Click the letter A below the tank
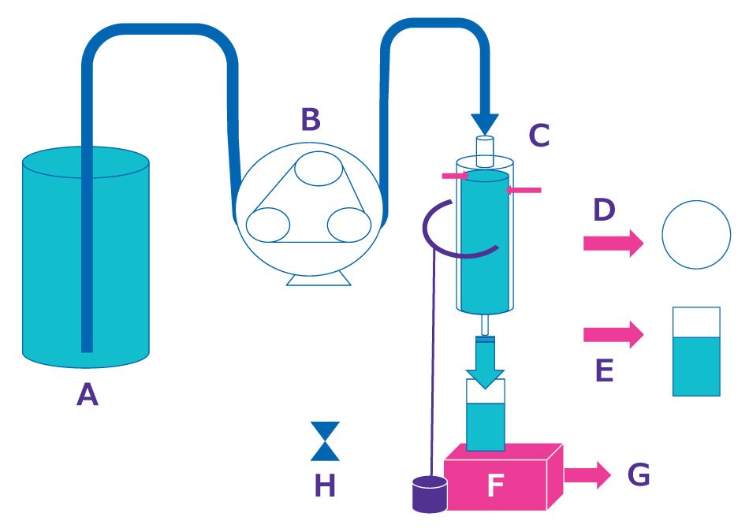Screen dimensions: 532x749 point(88,394)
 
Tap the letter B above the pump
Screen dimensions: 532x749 point(311,121)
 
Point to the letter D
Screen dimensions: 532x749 point(604,210)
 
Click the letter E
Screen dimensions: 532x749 point(604,368)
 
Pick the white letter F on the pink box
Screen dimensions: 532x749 point(494,485)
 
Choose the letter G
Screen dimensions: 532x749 point(639,475)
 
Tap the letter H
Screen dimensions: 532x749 point(325,485)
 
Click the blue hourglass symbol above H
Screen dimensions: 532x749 point(325,441)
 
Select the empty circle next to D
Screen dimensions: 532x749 point(696,233)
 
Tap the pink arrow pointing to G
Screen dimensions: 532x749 point(587,474)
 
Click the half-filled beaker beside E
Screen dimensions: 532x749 point(696,352)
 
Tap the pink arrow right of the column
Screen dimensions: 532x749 point(524,190)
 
